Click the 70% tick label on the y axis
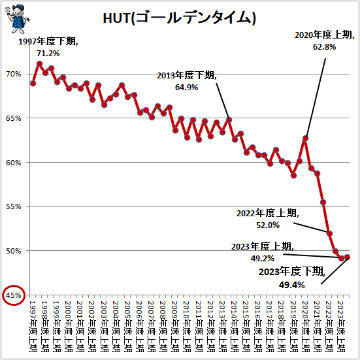(x=14, y=74)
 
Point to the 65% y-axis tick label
(x=14, y=118)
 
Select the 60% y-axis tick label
(x=14, y=163)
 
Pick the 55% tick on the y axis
(x=14, y=206)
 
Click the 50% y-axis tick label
(x=14, y=251)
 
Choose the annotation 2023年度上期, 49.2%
(x=263, y=252)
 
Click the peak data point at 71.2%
(x=39, y=64)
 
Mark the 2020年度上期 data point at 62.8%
(x=305, y=138)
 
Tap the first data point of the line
(x=33, y=84)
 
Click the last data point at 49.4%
(x=347, y=257)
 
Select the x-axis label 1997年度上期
(x=33, y=327)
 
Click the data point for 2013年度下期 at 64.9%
(x=229, y=120)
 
